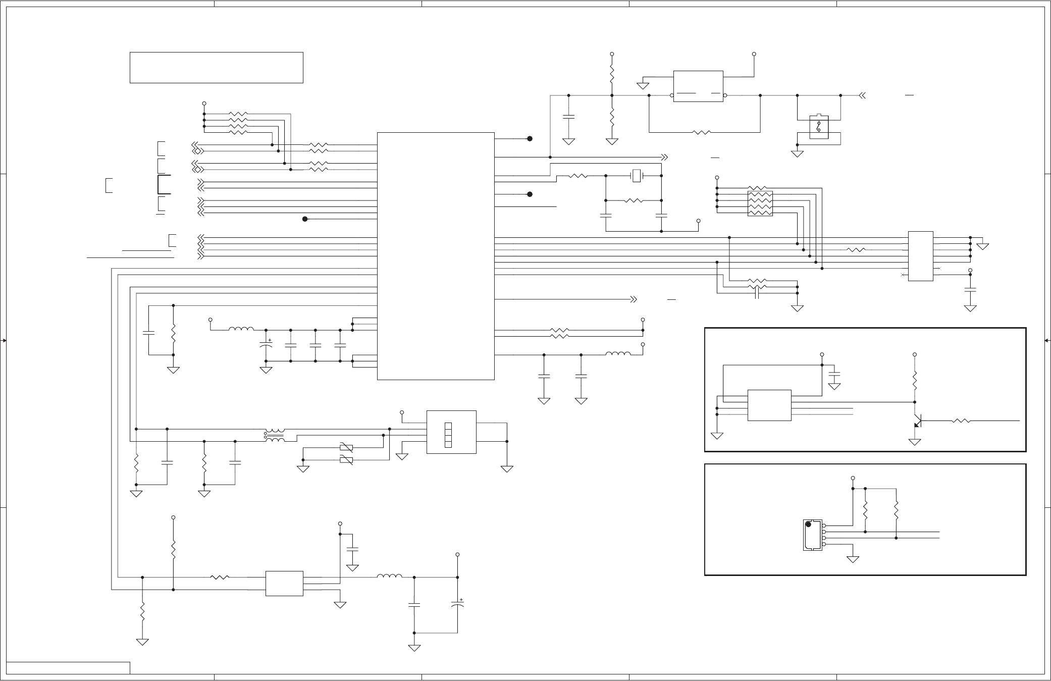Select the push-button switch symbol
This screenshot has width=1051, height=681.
818,127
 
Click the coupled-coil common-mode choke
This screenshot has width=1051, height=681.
275,436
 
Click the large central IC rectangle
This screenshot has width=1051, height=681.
436,256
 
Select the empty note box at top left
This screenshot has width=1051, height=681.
216,67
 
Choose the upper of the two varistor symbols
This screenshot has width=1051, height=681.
346,447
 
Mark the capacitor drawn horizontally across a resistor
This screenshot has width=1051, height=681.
757,292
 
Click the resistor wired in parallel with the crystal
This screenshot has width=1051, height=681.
634,201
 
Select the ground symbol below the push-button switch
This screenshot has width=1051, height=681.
797,153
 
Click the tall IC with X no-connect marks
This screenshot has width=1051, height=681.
920,256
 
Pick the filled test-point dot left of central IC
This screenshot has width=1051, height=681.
305,219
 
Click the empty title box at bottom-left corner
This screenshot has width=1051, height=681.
68,667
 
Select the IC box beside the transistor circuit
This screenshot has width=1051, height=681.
769,405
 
